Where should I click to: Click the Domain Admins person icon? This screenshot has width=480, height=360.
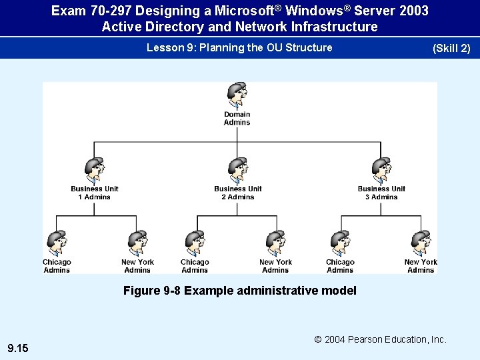237,96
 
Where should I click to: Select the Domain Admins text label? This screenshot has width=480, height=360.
237,119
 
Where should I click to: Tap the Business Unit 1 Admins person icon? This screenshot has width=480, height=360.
94,171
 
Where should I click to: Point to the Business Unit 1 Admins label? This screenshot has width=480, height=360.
94,193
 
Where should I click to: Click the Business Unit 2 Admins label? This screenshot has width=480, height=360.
238,193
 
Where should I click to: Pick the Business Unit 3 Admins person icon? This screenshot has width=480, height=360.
381,171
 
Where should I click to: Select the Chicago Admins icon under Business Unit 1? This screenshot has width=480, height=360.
57,244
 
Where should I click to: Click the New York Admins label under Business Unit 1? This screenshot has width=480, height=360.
137,266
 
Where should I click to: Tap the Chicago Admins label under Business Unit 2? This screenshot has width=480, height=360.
195,266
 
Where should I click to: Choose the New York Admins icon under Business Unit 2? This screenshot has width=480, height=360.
275,244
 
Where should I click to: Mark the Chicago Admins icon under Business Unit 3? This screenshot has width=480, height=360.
340,244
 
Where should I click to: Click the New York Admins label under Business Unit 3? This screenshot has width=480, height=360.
421,266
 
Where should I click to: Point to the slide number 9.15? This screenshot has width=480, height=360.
17,348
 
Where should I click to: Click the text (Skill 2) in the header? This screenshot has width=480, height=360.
451,49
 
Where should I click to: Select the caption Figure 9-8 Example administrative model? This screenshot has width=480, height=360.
240,291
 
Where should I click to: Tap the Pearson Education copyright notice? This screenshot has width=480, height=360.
380,339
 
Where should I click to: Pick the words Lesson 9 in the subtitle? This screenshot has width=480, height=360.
167,47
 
